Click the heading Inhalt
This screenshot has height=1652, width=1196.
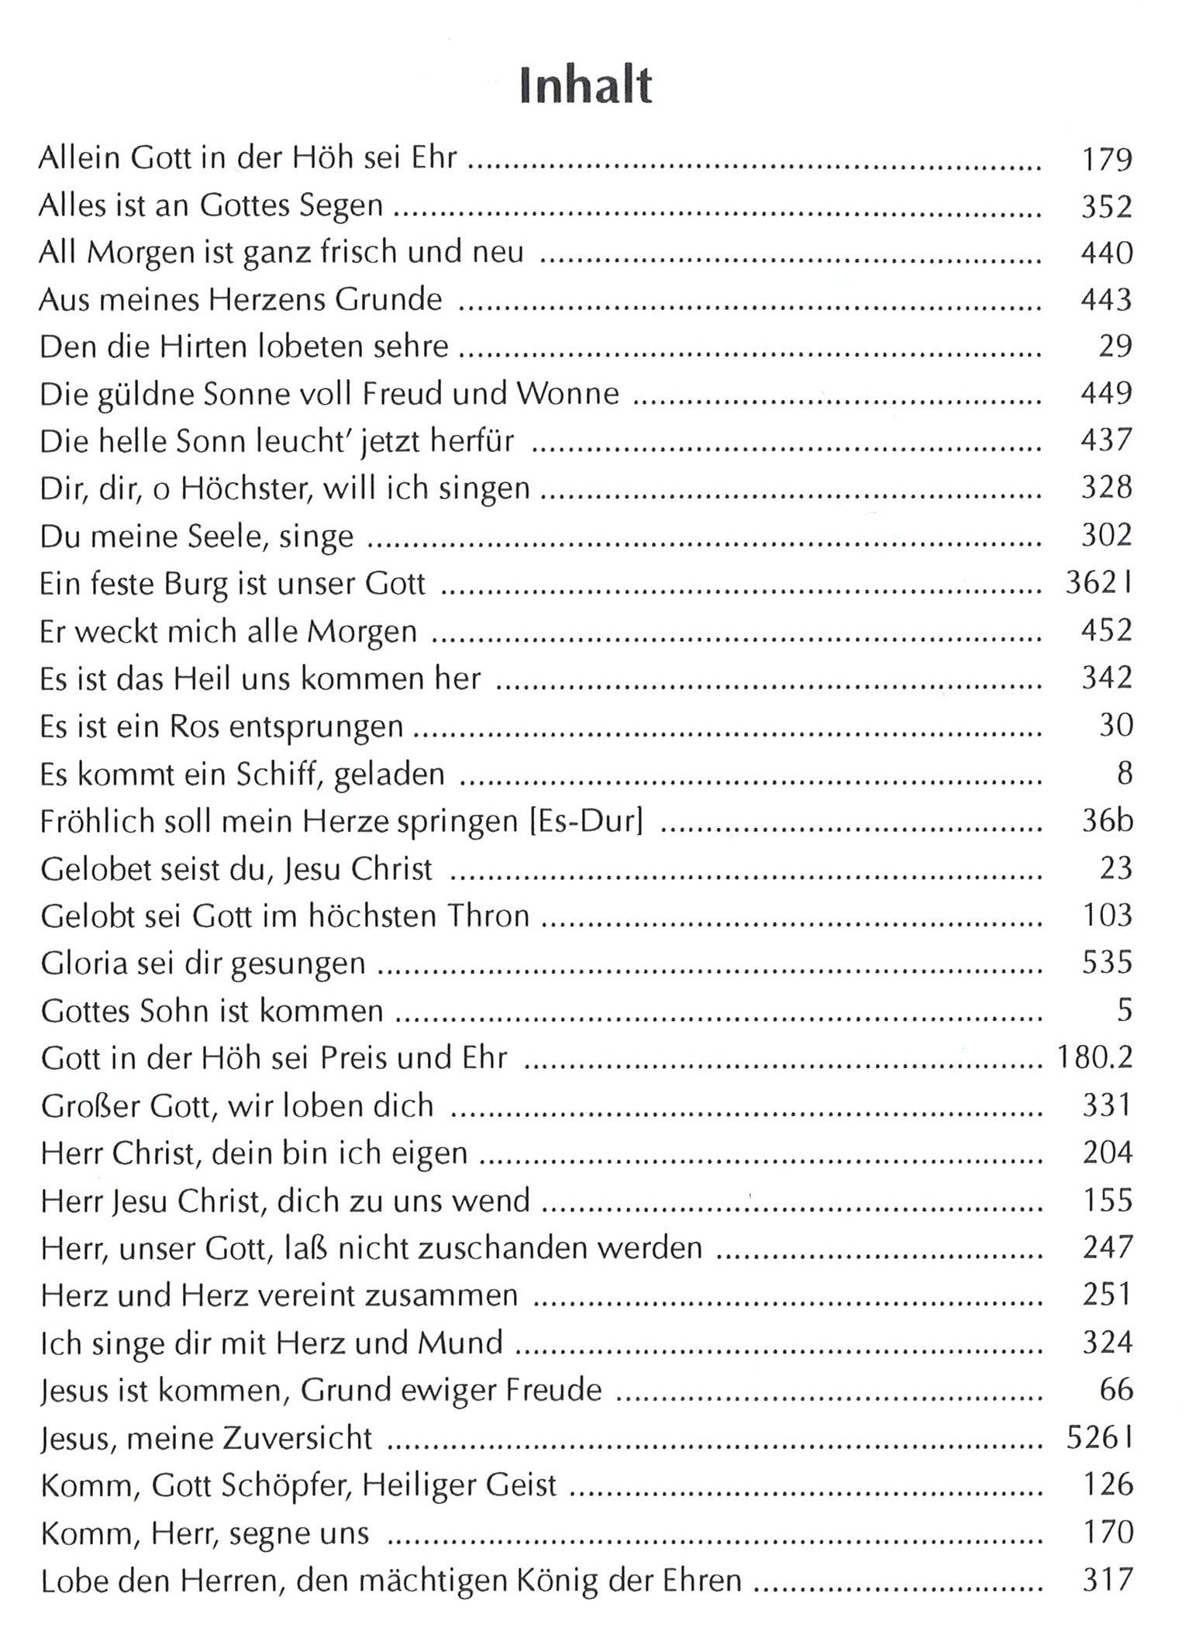pos(585,85)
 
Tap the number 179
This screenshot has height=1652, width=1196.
pos(1106,159)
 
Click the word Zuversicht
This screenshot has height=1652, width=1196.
pos(297,1439)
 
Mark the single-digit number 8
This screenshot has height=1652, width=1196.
pos(1124,774)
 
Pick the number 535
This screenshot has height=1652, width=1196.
pos(1107,964)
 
